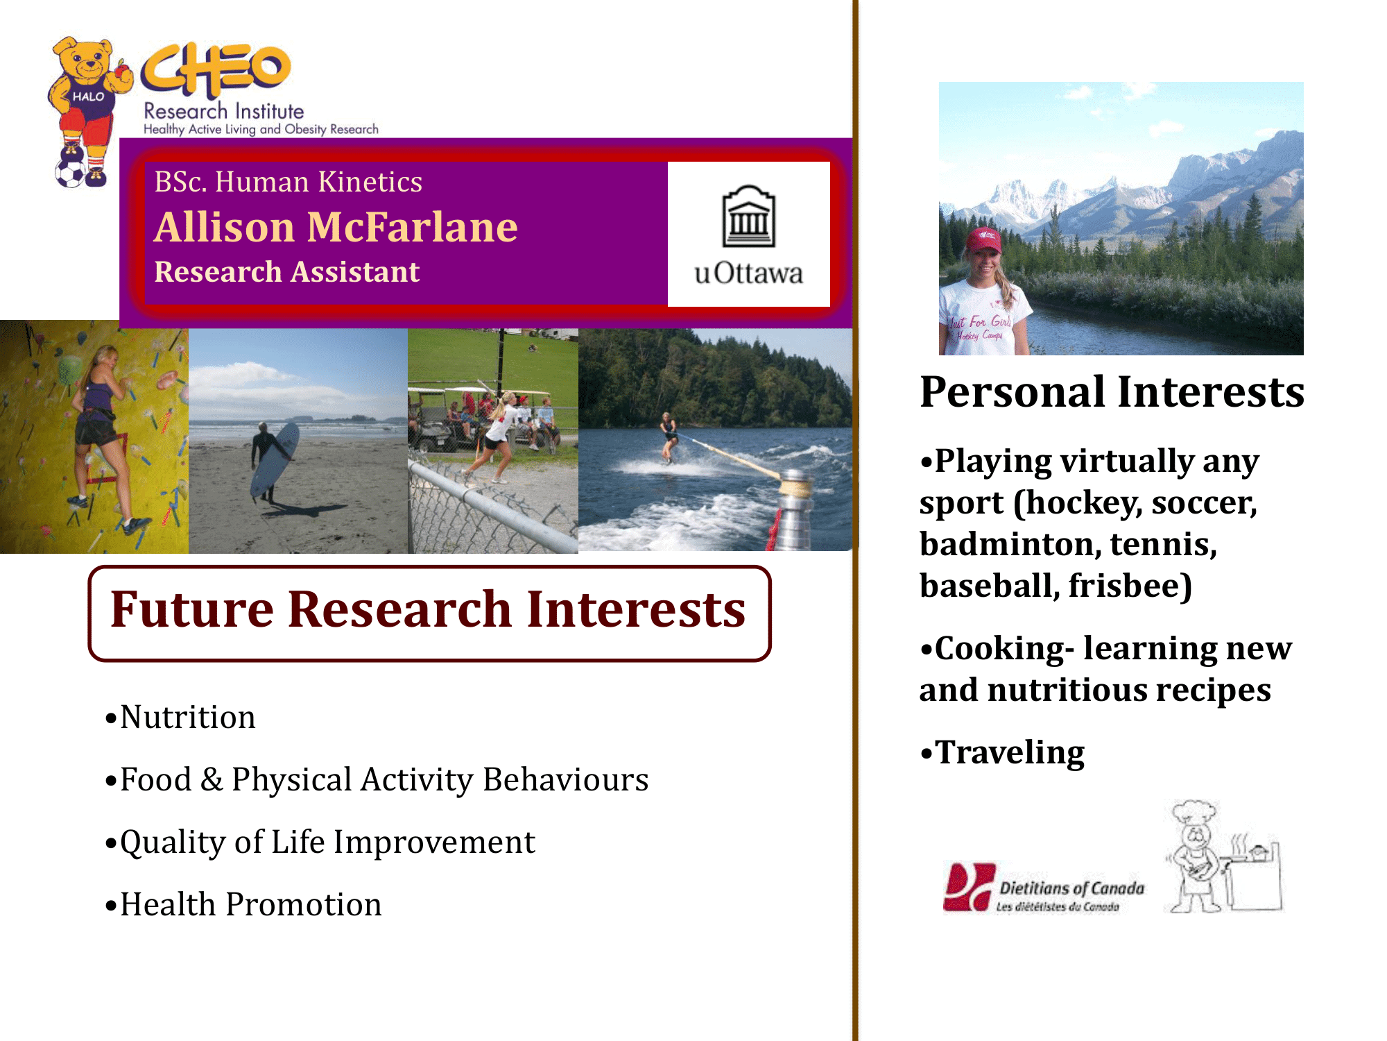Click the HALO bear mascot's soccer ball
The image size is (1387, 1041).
click(x=70, y=173)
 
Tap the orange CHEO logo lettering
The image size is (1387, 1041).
click(x=216, y=69)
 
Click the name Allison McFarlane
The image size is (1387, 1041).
click(x=336, y=227)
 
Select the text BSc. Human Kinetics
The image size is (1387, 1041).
click(x=288, y=182)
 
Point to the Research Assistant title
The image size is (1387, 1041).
click(x=286, y=271)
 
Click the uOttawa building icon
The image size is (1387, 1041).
click(x=748, y=216)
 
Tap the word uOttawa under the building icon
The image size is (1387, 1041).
click(x=748, y=273)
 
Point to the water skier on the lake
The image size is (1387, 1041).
click(x=669, y=437)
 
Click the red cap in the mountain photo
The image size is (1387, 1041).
click(x=984, y=239)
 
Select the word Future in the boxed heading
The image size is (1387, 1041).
click(x=192, y=609)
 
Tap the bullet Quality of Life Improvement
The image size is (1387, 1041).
click(x=320, y=843)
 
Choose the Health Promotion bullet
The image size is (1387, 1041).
click(x=243, y=904)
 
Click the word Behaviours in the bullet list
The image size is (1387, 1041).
click(x=566, y=779)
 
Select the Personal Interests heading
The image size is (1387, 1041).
click(x=1112, y=391)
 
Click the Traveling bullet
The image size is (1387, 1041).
click(x=1002, y=752)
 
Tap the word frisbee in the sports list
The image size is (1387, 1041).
click(x=1130, y=585)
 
